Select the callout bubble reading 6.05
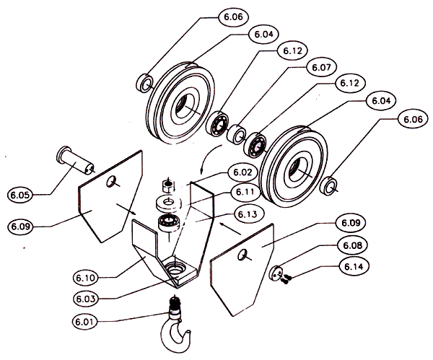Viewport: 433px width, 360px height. coord(22,194)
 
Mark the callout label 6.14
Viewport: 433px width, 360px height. coord(350,268)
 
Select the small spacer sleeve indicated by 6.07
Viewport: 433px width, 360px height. coord(235,134)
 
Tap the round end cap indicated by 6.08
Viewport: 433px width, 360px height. coord(274,273)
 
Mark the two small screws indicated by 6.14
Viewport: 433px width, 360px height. coord(287,276)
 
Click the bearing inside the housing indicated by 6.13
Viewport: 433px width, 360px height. coord(167,221)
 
